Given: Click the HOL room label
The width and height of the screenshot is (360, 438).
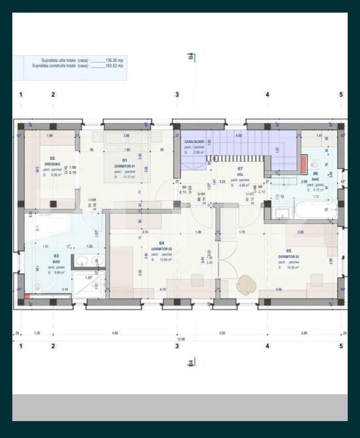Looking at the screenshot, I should coord(240,172).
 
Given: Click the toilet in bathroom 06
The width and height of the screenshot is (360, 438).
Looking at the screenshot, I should coord(315,165).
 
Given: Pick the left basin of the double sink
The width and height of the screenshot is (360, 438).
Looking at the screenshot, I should coord(83,262).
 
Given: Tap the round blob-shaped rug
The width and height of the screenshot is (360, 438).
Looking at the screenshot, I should coord(246,283).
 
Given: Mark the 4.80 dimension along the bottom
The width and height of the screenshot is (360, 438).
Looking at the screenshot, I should coord(115,333).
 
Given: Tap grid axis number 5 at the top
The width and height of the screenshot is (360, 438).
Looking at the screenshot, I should coord(341,95).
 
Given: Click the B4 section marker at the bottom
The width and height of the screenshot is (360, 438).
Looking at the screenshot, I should coord(190,363).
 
